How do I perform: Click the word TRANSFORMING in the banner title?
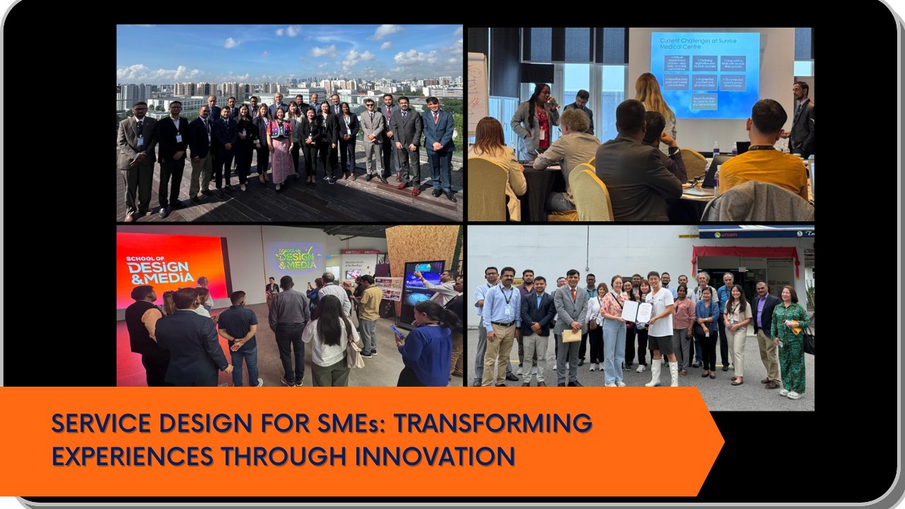point(492,423)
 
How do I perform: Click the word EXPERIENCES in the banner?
point(132,456)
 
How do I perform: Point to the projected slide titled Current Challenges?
point(704,74)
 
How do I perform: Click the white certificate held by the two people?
point(636,312)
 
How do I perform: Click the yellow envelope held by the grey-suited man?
point(571,335)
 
